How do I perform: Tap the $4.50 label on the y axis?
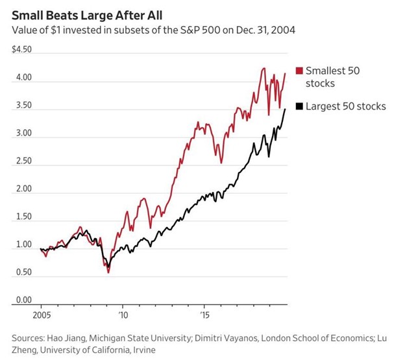23,51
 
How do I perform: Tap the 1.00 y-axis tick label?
22,245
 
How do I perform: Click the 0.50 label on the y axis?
22,273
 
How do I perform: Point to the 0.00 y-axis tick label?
22,300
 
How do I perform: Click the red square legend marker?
299,71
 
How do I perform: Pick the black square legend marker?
299,106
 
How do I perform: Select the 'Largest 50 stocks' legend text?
345,106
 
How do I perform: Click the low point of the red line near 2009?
108,272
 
